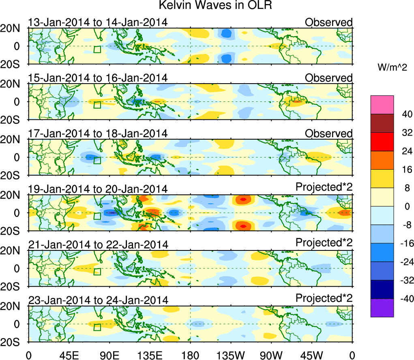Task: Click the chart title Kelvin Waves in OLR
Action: coord(206,6)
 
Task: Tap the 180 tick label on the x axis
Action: coord(190,354)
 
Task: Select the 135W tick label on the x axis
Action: coord(231,354)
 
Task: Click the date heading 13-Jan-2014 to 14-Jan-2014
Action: coord(98,22)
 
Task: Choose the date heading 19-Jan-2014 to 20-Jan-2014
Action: coord(98,189)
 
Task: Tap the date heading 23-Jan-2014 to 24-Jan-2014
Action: coord(98,300)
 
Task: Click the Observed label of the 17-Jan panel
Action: coord(328,134)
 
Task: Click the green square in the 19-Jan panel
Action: coord(97,216)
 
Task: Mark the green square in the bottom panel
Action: coord(97,327)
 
